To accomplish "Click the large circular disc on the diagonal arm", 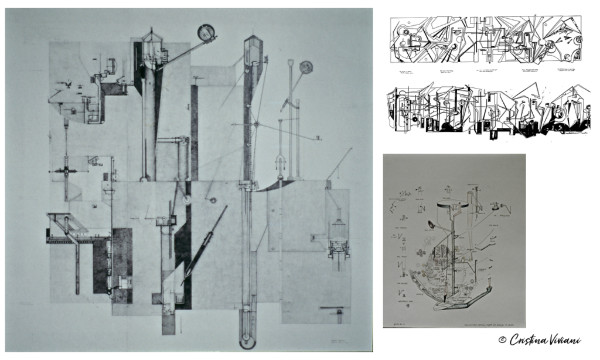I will click(x=206, y=32).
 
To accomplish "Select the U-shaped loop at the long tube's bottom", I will click(x=247, y=338).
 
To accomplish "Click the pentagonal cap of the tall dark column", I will click(x=252, y=42).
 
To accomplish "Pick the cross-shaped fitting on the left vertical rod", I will click(x=66, y=170).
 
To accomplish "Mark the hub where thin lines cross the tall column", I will click(x=256, y=124).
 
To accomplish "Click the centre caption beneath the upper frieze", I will click(x=486, y=70).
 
